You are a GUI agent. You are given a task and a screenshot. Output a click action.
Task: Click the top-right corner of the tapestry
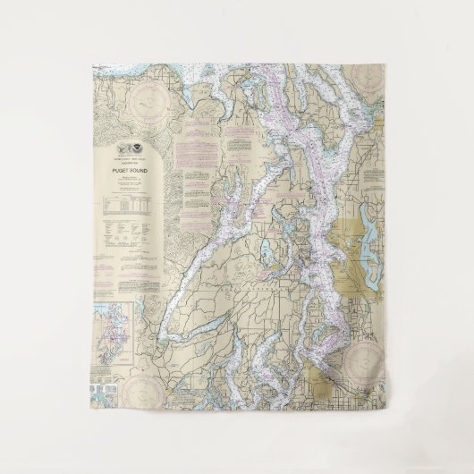pos(385,63)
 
